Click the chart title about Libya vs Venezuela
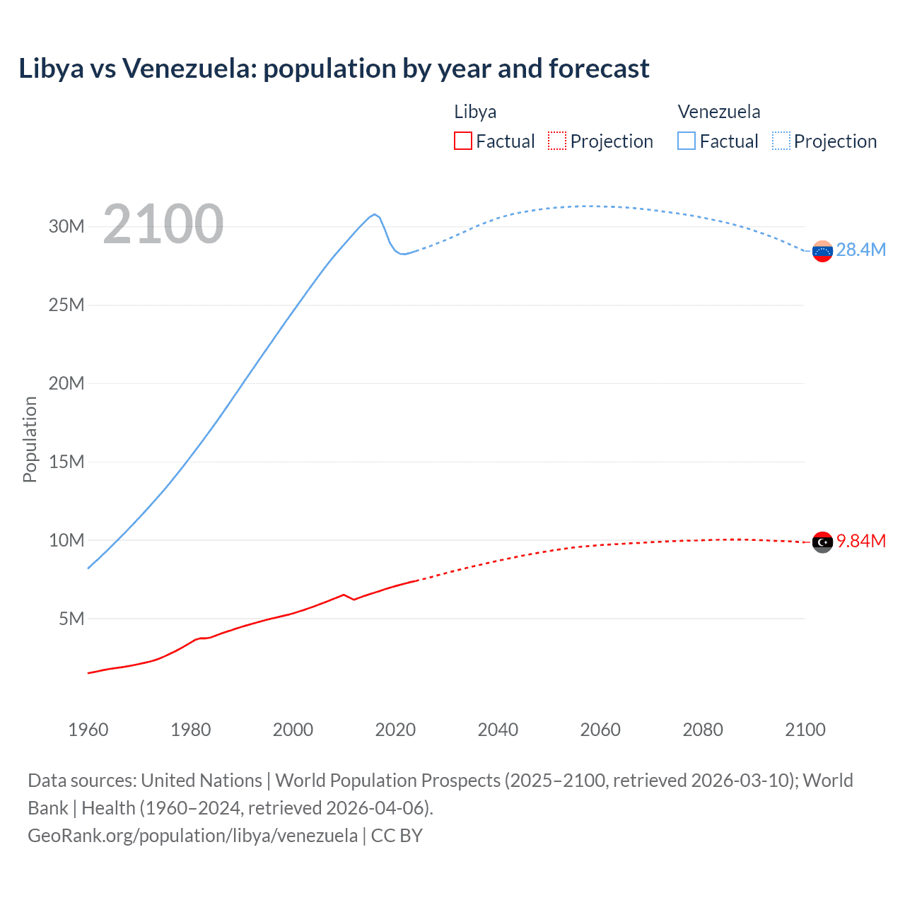pyautogui.click(x=334, y=69)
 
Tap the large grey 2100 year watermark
pyautogui.click(x=163, y=224)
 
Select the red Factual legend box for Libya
pyautogui.click(x=462, y=141)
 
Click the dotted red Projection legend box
pyautogui.click(x=557, y=141)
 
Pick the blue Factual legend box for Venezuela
pyautogui.click(x=687, y=141)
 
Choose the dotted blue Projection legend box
pyautogui.click(x=781, y=141)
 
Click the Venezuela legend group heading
pyautogui.click(x=719, y=112)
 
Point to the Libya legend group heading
pyautogui.click(x=475, y=112)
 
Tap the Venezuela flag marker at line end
pyautogui.click(x=822, y=251)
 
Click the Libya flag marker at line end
pyautogui.click(x=822, y=542)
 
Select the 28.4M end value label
pyautogui.click(x=860, y=250)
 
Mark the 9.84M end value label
pyautogui.click(x=860, y=541)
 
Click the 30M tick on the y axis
pyautogui.click(x=66, y=226)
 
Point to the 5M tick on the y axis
pyautogui.click(x=71, y=619)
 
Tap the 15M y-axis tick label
pyautogui.click(x=66, y=462)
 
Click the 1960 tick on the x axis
pyautogui.click(x=88, y=730)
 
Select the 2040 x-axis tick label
pyautogui.click(x=498, y=730)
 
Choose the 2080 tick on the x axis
pyautogui.click(x=703, y=730)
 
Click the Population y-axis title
pyautogui.click(x=30, y=439)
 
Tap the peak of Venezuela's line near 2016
pyautogui.click(x=375, y=214)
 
